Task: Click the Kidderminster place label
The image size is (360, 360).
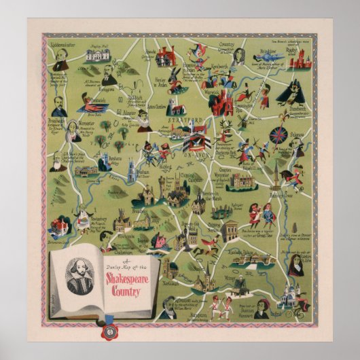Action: click(65, 41)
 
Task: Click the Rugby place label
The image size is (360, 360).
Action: click(293, 50)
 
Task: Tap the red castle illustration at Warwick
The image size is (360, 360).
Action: click(221, 102)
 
